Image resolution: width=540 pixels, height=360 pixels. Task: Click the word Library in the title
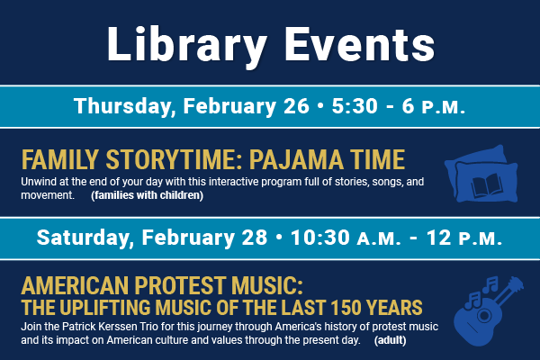tap(187, 46)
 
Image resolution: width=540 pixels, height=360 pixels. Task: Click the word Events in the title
tap(359, 44)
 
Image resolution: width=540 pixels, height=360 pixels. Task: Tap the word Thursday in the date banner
tap(122, 106)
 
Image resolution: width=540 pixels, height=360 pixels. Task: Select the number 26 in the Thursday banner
tap(296, 106)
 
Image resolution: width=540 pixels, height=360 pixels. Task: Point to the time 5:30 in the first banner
tap(355, 106)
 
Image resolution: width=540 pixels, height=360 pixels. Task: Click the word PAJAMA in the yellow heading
tap(296, 160)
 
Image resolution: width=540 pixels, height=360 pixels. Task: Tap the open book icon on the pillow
tap(486, 185)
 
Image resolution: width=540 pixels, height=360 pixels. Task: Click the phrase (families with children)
tap(147, 195)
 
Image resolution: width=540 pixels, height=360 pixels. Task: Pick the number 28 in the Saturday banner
tap(254, 238)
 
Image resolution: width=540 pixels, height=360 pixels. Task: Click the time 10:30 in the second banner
tap(320, 238)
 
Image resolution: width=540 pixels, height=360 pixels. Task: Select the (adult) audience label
tap(391, 340)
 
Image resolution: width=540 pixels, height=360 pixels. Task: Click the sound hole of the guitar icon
tap(484, 315)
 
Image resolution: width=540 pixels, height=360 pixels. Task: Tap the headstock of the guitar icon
tap(516, 284)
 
